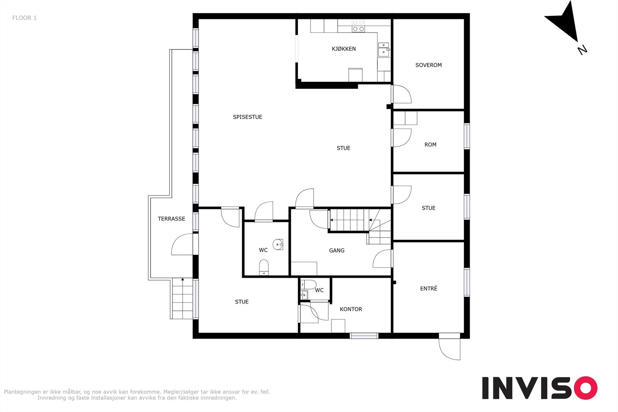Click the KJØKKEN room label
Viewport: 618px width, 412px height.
(x=343, y=49)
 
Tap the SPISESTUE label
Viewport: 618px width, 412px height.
(x=248, y=117)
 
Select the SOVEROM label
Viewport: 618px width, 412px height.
(x=428, y=65)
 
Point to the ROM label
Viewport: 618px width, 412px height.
(x=430, y=144)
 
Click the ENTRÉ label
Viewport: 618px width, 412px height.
(x=428, y=288)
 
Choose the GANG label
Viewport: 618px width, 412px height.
(x=336, y=250)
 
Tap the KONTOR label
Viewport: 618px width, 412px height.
(x=351, y=309)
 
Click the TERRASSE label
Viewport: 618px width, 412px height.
(x=171, y=219)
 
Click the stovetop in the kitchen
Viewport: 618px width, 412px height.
(x=358, y=26)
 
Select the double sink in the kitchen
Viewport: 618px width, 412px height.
(x=384, y=49)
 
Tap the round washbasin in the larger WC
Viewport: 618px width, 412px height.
(x=278, y=244)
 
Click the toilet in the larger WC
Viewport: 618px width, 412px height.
(x=264, y=267)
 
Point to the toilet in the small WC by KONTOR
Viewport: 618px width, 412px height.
(x=309, y=284)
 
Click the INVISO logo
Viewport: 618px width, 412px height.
(x=540, y=388)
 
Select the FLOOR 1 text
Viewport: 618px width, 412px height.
(x=24, y=18)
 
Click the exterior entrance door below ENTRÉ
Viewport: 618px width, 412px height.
(x=450, y=348)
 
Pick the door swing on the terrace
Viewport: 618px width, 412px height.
(x=182, y=244)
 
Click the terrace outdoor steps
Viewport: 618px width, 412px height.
(x=182, y=298)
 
